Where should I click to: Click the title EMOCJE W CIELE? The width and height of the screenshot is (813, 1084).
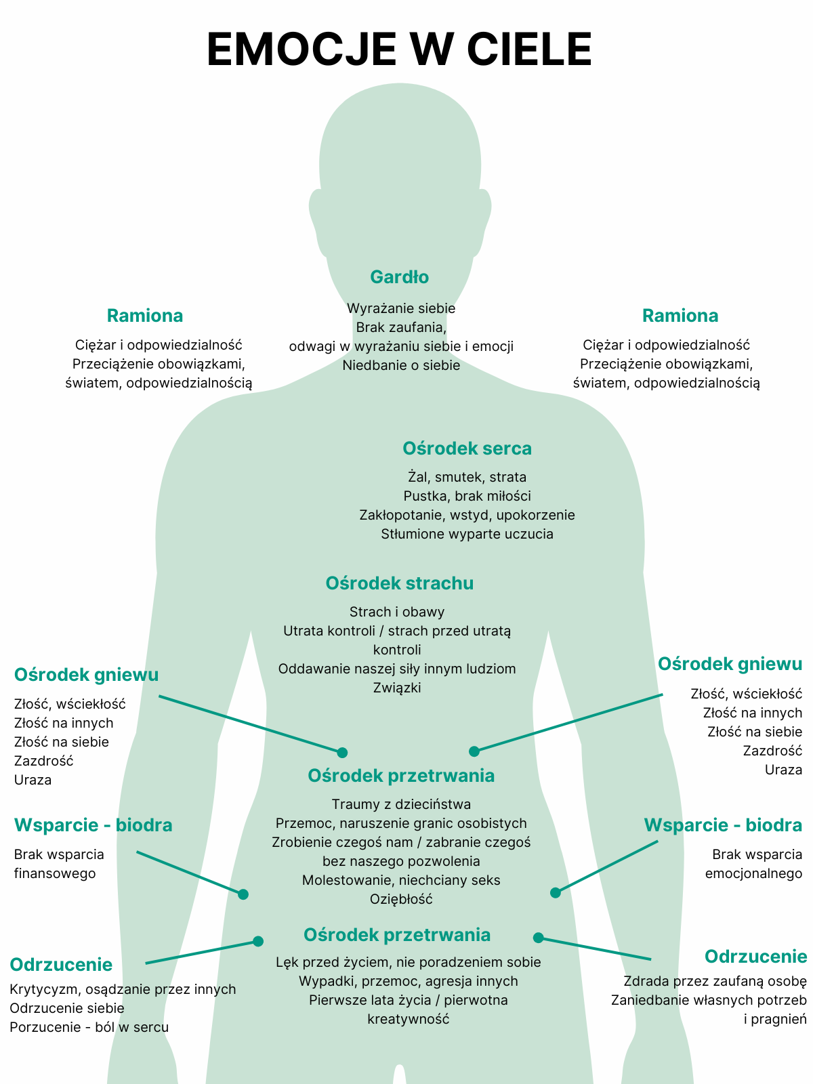tap(399, 49)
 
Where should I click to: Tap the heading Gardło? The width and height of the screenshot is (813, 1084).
tap(399, 277)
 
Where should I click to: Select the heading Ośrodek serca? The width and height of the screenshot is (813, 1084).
tap(467, 449)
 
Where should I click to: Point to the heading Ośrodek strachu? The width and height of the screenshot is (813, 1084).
tap(399, 583)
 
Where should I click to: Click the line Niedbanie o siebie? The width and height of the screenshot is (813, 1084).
tap(401, 365)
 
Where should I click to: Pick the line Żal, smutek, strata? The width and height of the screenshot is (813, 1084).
tap(467, 477)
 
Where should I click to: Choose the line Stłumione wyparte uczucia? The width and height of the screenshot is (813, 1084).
tap(467, 534)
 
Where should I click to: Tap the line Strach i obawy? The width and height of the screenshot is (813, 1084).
tap(397, 612)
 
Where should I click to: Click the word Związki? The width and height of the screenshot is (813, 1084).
tap(397, 688)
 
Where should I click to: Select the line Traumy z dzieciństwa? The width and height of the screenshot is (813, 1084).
tap(401, 804)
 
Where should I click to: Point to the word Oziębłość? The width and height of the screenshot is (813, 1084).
tap(401, 899)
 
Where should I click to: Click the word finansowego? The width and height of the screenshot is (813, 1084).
tap(55, 873)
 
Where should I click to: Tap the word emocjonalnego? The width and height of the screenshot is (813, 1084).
tap(753, 873)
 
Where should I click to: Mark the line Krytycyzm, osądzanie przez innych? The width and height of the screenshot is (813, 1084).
tap(123, 989)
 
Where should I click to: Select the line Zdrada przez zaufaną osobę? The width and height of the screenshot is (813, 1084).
tap(715, 981)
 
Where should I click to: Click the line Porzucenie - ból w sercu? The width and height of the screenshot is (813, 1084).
tap(89, 1027)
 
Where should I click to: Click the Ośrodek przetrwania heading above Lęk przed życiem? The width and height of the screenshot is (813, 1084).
tap(397, 935)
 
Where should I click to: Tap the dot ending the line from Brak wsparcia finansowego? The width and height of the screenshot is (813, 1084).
tap(243, 894)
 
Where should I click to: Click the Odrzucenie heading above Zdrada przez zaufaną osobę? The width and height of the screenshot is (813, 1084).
tap(755, 957)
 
